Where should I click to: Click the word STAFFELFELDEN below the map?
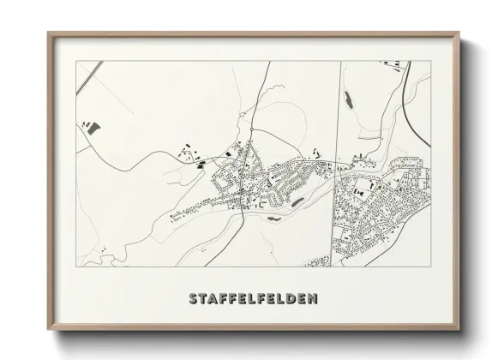(252, 300)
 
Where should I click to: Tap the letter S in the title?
(193, 300)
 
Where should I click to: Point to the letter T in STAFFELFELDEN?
(203, 300)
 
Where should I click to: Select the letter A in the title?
(214, 300)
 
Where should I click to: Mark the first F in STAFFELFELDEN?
(225, 300)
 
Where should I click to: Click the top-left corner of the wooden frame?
(48, 33)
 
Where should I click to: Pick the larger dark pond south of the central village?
(297, 202)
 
